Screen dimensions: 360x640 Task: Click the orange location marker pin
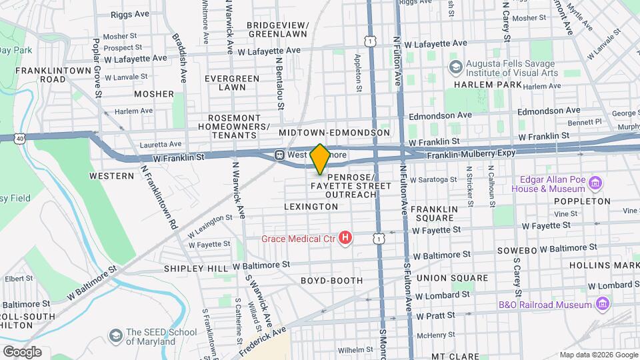click(x=320, y=159)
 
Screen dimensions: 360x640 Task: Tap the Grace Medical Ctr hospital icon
click(x=345, y=237)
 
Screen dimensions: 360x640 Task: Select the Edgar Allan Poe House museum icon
click(x=595, y=183)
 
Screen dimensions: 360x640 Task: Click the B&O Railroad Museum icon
click(x=603, y=304)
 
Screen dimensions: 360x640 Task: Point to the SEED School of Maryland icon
click(x=116, y=333)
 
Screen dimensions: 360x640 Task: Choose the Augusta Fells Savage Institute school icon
click(x=455, y=66)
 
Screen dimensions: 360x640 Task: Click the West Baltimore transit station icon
click(x=280, y=155)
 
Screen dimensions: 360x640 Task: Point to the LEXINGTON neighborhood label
click(x=311, y=207)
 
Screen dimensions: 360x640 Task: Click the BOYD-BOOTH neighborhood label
click(x=331, y=281)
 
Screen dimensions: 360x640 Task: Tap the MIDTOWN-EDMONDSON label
click(x=334, y=133)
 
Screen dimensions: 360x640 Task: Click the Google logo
click(x=22, y=351)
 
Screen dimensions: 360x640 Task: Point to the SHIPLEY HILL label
click(x=197, y=268)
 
